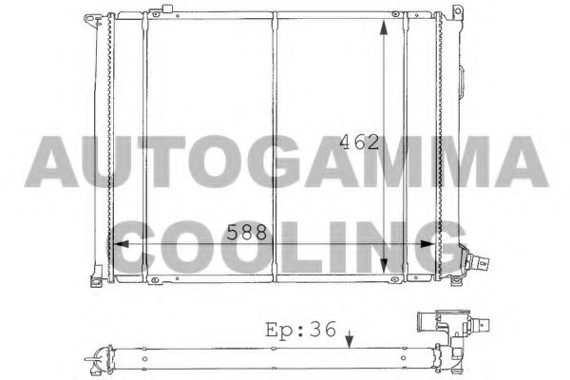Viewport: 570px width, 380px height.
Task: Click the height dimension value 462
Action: click(x=359, y=142)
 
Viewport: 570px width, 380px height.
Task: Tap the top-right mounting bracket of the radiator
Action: click(x=458, y=17)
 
